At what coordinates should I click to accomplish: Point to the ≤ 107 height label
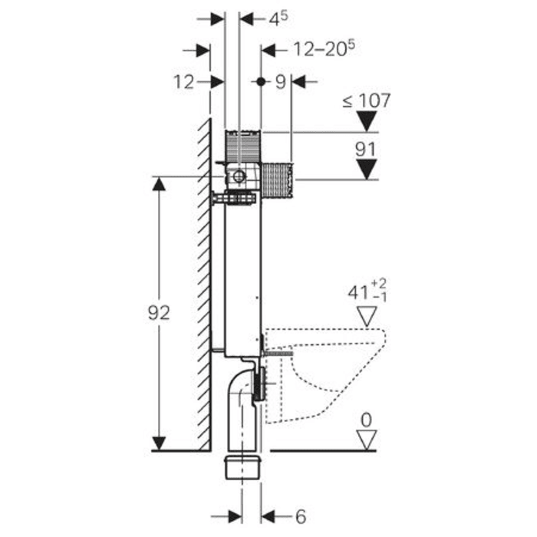[366, 100]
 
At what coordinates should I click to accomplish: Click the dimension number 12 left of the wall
[183, 81]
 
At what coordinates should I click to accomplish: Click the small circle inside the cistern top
[239, 177]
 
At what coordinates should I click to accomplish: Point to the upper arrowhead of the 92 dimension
[159, 184]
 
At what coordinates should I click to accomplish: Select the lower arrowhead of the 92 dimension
[159, 443]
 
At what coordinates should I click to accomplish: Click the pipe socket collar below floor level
[243, 466]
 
